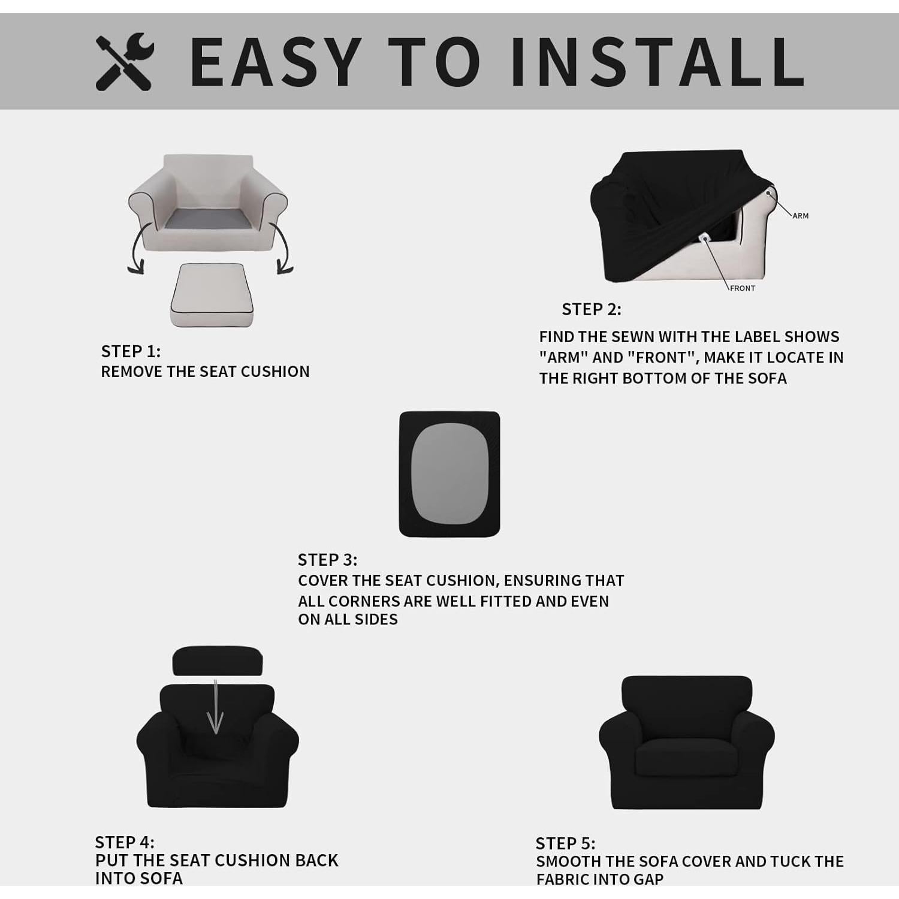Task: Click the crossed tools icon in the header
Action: pos(125,62)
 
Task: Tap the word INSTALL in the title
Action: pos(657,62)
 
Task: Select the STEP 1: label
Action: pos(131,351)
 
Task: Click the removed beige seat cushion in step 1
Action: pos(212,295)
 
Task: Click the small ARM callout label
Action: pos(800,216)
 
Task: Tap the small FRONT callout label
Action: pos(742,288)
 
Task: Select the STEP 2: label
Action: pos(592,309)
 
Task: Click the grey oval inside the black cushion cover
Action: pos(450,474)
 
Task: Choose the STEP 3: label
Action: pos(327,560)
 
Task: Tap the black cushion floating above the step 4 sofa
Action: pos(217,660)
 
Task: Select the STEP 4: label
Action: pos(125,842)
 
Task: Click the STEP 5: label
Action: pos(565,843)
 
